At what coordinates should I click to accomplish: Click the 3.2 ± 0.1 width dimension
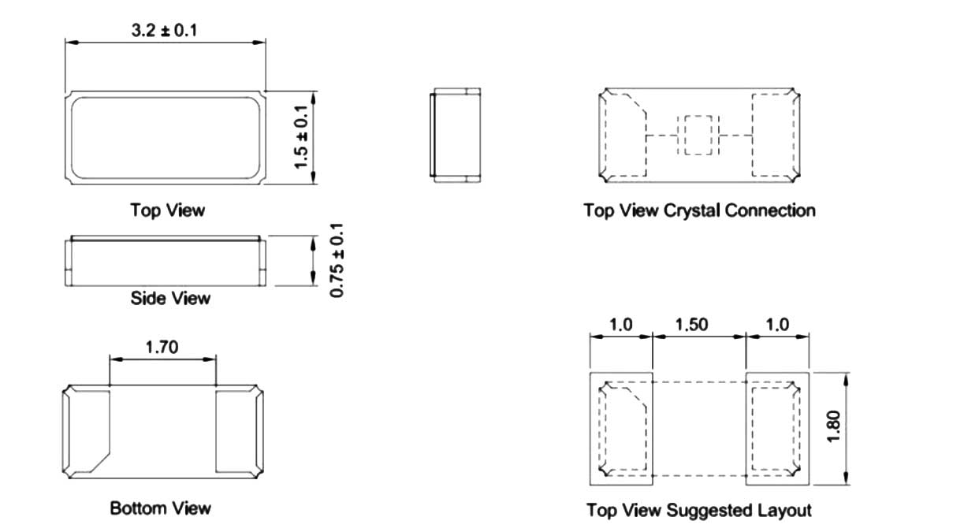164,31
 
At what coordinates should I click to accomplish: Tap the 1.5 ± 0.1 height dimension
302,137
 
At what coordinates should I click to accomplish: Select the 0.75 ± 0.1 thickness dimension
337,261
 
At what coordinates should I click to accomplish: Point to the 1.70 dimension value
162,348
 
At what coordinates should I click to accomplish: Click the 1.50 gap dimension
691,325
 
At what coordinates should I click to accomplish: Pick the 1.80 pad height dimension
834,426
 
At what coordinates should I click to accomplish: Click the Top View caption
167,210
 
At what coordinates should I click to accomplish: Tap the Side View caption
170,299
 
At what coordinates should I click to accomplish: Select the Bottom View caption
160,508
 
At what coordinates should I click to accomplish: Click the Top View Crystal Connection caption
700,210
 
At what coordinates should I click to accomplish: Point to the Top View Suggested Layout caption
699,511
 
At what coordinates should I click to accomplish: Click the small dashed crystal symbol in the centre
698,135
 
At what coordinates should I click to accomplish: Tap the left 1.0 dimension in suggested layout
620,325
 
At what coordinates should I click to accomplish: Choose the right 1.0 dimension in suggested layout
777,325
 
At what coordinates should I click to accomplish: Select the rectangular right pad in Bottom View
237,431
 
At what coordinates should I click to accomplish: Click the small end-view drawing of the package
455,135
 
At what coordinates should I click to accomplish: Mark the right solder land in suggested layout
777,429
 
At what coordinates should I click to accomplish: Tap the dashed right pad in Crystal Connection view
773,135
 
